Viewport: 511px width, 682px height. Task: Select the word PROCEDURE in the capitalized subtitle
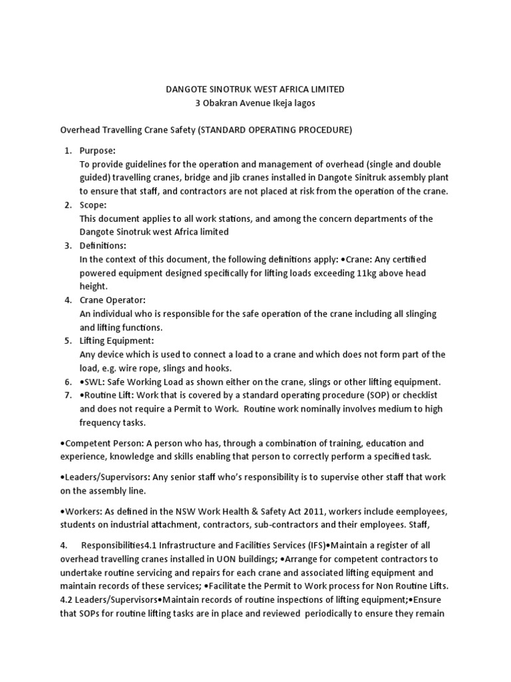319,130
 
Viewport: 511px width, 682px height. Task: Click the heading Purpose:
98,151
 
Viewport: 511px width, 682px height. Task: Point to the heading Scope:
93,205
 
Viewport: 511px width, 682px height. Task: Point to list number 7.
68,395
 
